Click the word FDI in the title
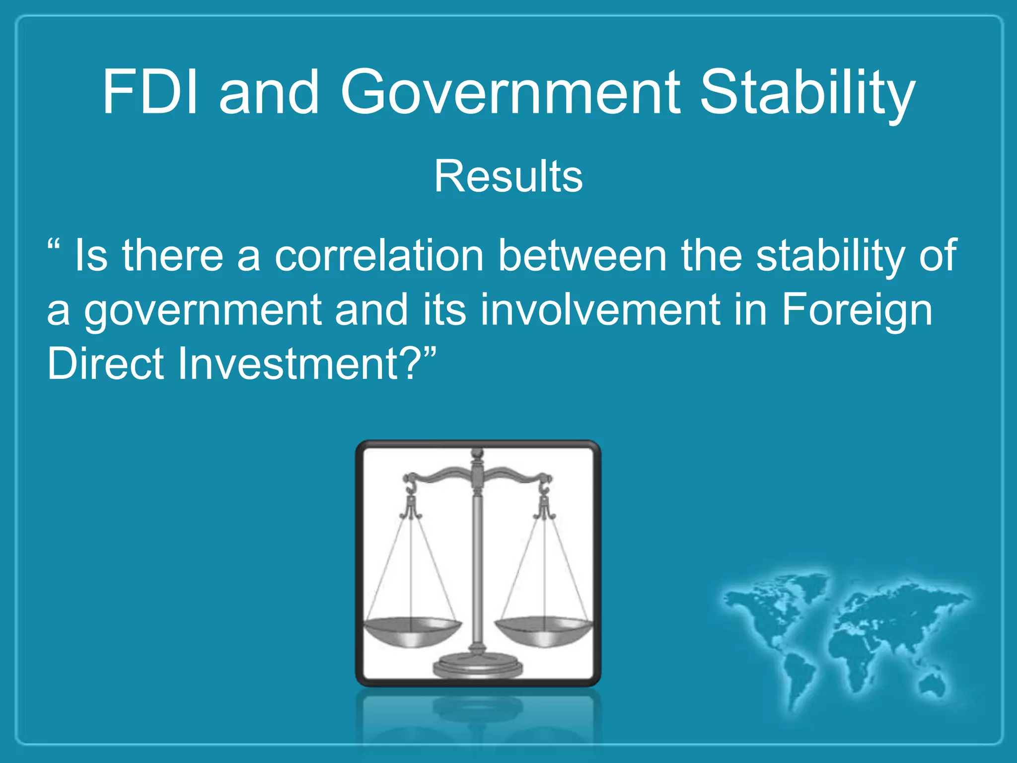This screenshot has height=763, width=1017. click(151, 92)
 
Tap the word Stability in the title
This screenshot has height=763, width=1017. click(806, 94)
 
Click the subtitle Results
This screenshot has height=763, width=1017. click(508, 176)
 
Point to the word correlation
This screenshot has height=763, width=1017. click(379, 255)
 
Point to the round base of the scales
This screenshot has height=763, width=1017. click(477, 666)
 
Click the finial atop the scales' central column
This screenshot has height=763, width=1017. click(477, 454)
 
